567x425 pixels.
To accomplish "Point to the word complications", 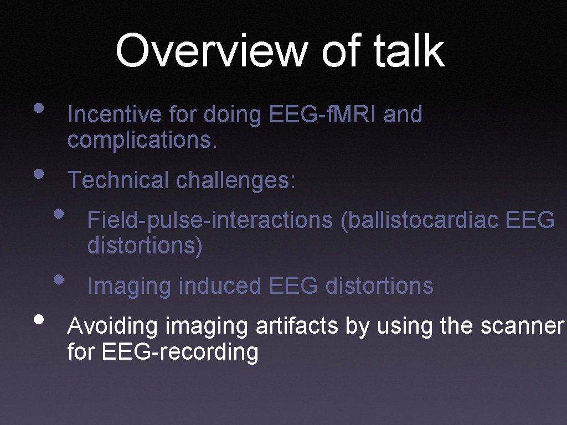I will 142,140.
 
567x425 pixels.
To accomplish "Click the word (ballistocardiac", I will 420,220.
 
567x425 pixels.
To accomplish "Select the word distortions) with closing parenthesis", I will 145,245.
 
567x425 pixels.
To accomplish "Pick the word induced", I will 221,286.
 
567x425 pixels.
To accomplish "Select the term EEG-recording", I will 180,352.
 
